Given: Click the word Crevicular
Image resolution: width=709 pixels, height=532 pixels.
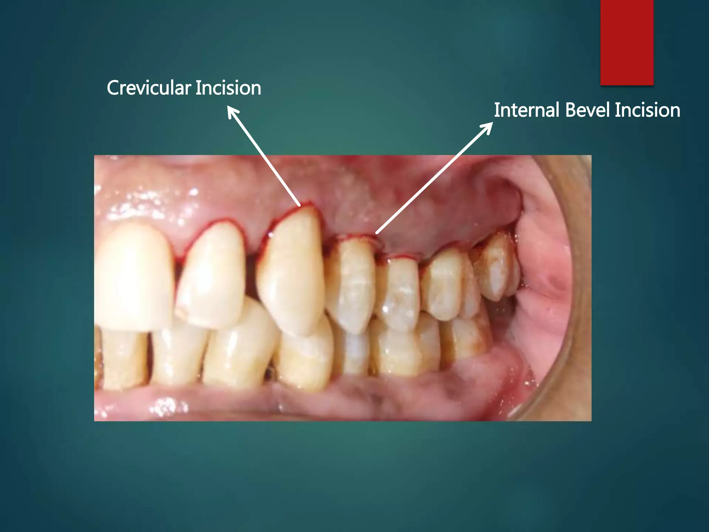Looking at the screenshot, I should [149, 88].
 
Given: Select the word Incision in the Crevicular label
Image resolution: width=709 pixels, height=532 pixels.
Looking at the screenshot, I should [228, 88].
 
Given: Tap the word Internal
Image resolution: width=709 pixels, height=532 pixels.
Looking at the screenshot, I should [527, 110].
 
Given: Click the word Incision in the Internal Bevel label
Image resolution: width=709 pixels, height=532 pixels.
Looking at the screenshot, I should [647, 110].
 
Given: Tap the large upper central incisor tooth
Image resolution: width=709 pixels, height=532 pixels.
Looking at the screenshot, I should [133, 274].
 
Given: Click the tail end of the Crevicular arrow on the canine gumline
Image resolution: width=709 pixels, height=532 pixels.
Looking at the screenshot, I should [299, 205].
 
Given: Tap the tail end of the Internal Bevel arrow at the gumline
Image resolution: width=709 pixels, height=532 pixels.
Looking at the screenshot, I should [377, 233].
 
